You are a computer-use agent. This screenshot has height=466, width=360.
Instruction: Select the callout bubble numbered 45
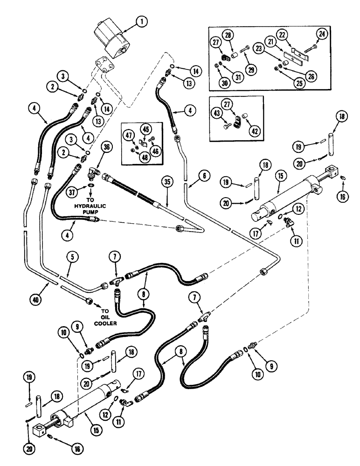(145, 130)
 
